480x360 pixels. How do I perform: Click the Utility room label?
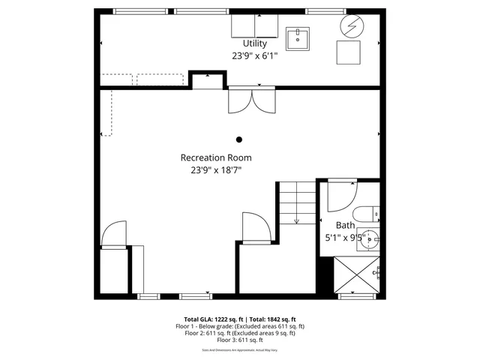(254, 44)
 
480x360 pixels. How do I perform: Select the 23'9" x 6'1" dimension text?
(254, 55)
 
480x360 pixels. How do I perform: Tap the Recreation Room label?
(216, 158)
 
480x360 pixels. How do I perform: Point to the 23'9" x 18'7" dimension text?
(216, 170)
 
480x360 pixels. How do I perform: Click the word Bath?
(345, 225)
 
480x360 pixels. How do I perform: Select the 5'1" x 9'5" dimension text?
(345, 237)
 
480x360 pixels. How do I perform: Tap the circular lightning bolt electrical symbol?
(350, 26)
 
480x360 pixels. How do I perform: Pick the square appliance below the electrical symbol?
(347, 53)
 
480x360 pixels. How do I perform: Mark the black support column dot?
(239, 139)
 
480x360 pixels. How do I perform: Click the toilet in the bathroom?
(367, 214)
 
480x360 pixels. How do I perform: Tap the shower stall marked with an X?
(357, 274)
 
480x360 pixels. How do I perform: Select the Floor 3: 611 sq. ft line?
(240, 340)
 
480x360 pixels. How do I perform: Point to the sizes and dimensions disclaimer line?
(240, 350)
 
